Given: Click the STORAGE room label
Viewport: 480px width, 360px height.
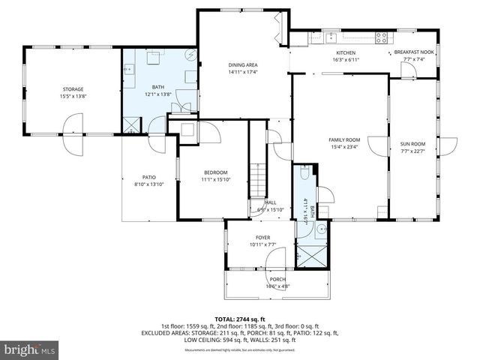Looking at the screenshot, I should point(73,89).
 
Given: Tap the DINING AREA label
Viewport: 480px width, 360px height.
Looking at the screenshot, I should point(243,65).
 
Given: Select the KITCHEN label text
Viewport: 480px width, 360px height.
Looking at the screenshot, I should point(345,52).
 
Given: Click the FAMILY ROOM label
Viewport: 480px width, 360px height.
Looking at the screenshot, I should point(344,140).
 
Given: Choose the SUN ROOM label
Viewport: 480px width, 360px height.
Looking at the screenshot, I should point(412,143).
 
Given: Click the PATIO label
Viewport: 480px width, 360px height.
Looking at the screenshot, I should point(148,177).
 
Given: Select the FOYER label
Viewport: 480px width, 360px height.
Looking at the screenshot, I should point(262,237).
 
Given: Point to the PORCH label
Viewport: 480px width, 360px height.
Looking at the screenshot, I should point(278,279).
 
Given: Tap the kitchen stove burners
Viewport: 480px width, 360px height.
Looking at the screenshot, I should point(382,35).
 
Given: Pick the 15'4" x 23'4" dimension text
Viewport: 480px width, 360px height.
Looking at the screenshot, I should point(344,147).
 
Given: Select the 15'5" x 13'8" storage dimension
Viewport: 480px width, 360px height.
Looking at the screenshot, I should point(73,96).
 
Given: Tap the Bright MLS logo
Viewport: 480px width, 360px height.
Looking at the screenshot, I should point(30,349).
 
